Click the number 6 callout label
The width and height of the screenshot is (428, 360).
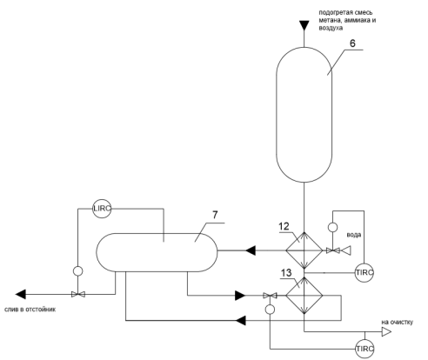(352, 43)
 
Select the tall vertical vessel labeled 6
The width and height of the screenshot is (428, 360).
(304, 115)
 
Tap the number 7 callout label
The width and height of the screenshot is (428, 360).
(215, 215)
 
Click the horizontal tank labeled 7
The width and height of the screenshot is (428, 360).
(157, 252)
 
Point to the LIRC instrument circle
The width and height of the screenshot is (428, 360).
(102, 209)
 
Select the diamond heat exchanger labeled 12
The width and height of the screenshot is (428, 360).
(304, 250)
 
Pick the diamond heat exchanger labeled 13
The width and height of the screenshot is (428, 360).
(304, 296)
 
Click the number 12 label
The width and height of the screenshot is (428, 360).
(284, 226)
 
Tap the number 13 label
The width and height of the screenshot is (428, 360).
(286, 273)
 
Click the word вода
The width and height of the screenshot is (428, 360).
(354, 235)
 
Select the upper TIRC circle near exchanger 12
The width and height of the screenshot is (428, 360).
(364, 273)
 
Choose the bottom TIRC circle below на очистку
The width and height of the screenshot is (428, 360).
(364, 349)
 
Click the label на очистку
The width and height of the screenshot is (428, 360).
(397, 323)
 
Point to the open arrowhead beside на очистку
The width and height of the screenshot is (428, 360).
(386, 332)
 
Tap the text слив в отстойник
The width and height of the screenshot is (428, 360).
(30, 310)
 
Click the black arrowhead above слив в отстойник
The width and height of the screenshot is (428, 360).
(21, 294)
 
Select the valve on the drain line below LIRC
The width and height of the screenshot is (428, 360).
(77, 295)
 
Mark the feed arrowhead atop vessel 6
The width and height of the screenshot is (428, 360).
(304, 25)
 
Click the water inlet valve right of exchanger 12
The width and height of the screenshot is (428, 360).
(332, 250)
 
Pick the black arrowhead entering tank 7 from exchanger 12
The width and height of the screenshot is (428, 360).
(251, 250)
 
